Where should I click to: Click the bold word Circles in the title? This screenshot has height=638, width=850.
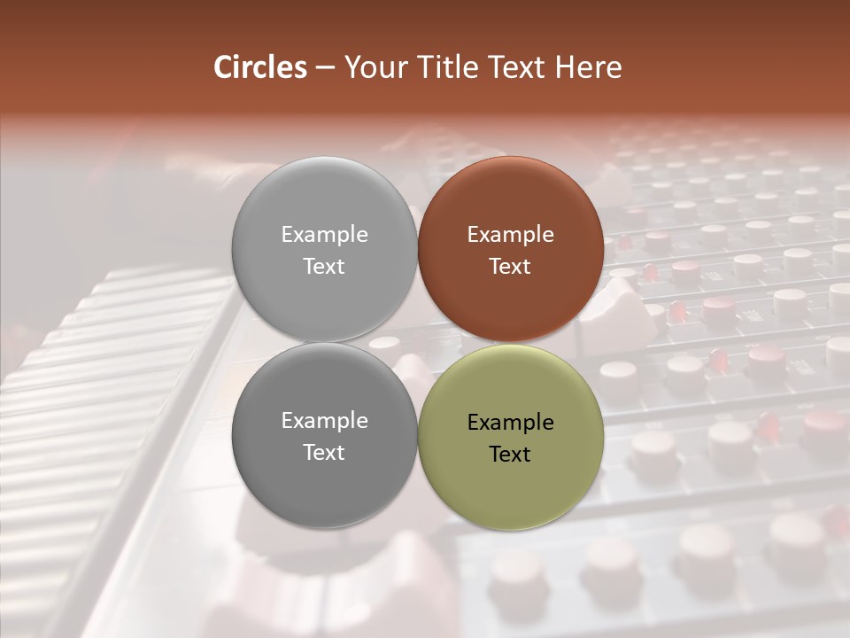coord(260,67)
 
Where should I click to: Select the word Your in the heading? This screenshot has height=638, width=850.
coord(372,67)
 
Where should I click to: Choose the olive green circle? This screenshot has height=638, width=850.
coord(511,483)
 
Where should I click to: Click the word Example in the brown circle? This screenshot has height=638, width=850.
coord(510,235)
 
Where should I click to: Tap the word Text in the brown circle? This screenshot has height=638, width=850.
coord(510,266)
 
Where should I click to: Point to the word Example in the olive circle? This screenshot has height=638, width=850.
coord(510,423)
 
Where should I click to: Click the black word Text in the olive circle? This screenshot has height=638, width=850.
coord(510,455)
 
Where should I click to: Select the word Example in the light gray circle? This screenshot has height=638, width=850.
coord(324,235)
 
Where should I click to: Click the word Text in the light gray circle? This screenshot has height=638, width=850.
coord(324,266)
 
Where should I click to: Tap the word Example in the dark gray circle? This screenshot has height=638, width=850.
coord(324,421)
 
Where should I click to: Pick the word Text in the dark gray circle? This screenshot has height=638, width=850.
coord(324,452)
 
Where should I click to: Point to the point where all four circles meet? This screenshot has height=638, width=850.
coord(417,343)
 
